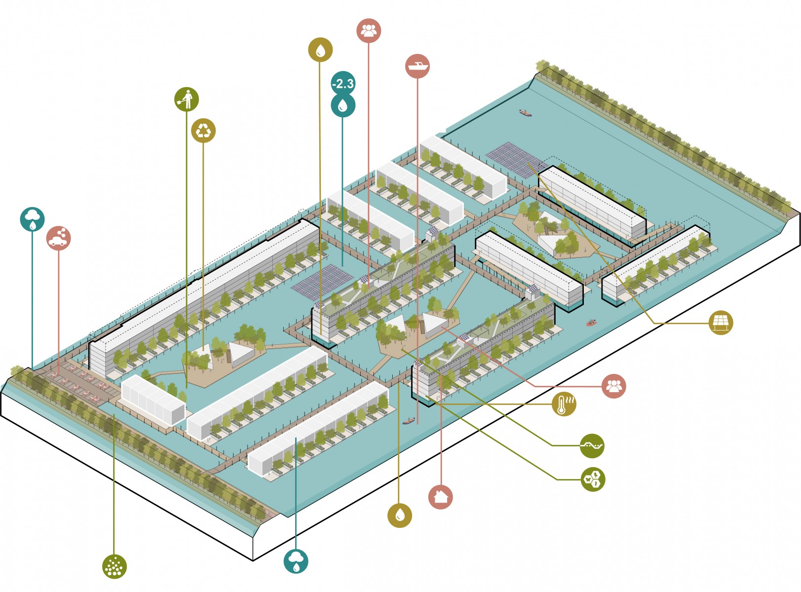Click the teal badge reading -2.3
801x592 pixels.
coord(343,83)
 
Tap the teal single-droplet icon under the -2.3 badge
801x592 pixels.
coord(343,105)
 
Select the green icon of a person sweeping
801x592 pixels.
coord(187,99)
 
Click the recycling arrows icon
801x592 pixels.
coord(203,131)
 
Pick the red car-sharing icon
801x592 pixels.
coord(59,238)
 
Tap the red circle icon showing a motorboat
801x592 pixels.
coord(417,66)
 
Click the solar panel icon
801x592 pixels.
coord(721,323)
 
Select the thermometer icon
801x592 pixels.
coord(564,404)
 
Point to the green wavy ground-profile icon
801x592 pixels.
coord(592,446)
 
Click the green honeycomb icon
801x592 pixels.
coord(592,479)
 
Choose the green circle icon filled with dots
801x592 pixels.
coord(114,566)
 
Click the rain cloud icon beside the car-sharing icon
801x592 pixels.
coord(33,219)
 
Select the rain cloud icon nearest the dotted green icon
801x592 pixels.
coord(296,561)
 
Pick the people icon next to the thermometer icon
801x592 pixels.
coord(613,386)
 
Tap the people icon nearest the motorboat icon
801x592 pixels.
coord(369,31)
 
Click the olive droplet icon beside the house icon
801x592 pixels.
coord(400,515)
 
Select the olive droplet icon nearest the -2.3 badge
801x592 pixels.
coord(320,50)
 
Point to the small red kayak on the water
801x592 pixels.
coord(591,323)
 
